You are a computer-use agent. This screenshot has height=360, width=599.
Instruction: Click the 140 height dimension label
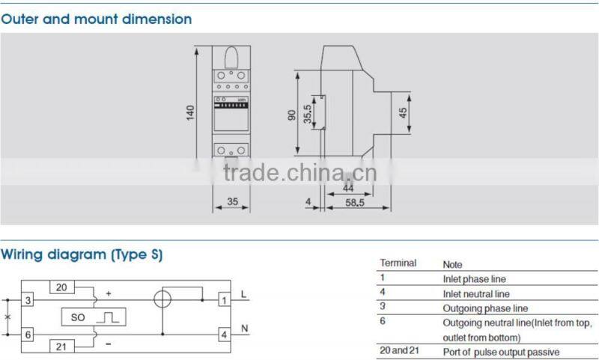pyautogui.click(x=191, y=112)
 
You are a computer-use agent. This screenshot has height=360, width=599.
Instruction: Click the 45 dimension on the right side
pyautogui.click(x=403, y=113)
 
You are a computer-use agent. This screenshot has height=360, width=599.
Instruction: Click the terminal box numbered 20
pyautogui.click(x=61, y=287)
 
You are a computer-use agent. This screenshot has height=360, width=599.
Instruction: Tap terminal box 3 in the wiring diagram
pyautogui.click(x=28, y=300)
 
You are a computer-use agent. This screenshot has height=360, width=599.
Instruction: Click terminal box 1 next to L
pyautogui.click(x=224, y=300)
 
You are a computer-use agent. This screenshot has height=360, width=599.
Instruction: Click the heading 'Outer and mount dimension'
pyautogui.click(x=96, y=19)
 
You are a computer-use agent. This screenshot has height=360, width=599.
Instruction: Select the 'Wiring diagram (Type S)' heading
pyautogui.click(x=82, y=254)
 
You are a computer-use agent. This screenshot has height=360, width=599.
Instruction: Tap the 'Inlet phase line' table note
pyautogui.click(x=475, y=279)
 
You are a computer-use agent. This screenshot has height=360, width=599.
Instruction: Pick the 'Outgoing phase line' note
pyautogui.click(x=484, y=308)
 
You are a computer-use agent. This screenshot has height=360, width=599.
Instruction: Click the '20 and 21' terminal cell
pyautogui.click(x=400, y=351)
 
